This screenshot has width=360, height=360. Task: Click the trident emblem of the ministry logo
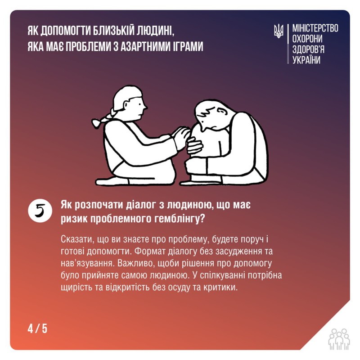[279, 31]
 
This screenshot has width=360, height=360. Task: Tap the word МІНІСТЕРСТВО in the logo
[315, 28]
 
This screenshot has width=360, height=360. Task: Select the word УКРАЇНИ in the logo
[306, 60]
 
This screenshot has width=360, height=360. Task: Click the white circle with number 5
[40, 211]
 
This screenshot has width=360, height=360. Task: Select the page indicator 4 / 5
[37, 328]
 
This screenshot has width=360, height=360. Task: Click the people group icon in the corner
[339, 339]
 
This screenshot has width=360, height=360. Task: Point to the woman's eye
[139, 104]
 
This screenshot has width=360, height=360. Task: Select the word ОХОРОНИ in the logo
[307, 39]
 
